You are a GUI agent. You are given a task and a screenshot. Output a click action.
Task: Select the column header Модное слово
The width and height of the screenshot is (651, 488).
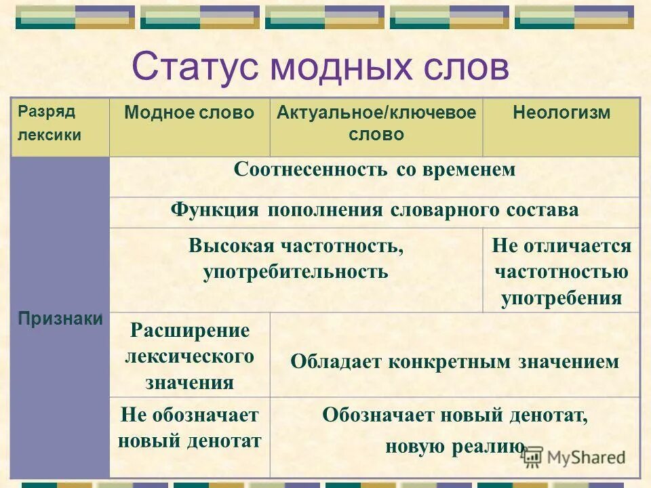click(x=189, y=113)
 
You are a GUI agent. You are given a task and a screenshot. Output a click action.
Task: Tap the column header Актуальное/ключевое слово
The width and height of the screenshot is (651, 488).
click(x=376, y=123)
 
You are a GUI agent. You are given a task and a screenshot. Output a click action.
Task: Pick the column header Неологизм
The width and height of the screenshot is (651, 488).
click(x=561, y=113)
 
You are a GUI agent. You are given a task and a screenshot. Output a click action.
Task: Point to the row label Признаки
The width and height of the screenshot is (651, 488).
click(x=60, y=319)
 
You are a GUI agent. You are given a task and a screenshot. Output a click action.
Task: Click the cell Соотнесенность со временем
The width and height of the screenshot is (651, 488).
click(x=374, y=169)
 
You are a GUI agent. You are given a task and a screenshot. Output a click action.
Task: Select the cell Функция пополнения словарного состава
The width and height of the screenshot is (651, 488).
click(x=374, y=209)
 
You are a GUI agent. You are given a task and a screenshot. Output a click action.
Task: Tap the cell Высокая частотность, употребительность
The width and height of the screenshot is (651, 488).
click(x=296, y=259)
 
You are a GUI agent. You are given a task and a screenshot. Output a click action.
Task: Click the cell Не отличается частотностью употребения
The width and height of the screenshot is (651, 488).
click(x=561, y=272)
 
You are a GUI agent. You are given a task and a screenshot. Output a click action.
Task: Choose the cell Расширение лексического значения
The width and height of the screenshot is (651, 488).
click(x=189, y=357)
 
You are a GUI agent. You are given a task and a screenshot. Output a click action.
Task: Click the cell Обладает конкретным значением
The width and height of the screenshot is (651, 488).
click(x=454, y=361)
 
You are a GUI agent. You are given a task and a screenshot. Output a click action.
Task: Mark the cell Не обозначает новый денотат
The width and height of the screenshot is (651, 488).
click(x=189, y=428)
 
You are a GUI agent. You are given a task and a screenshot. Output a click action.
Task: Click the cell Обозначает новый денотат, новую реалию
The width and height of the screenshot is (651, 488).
click(x=454, y=430)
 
